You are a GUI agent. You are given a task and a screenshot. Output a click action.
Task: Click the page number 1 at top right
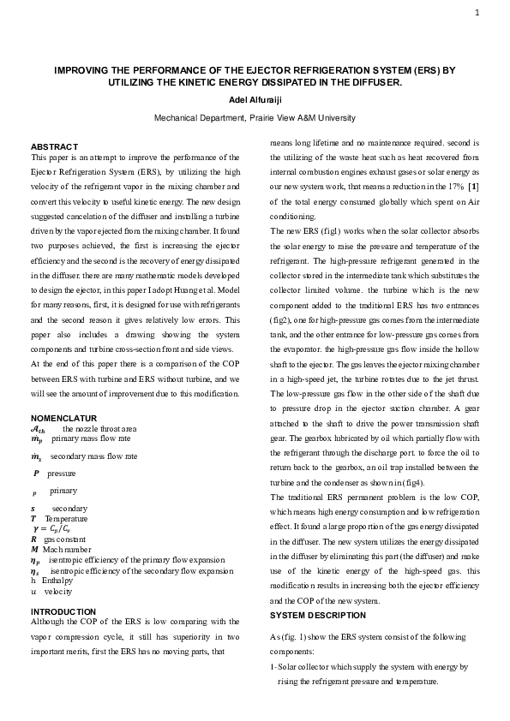[476, 13]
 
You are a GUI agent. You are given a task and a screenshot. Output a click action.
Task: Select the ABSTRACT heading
[54, 146]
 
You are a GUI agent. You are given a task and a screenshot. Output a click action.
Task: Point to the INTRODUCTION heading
[63, 611]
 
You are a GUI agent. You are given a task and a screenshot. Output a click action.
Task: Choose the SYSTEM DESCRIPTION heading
[318, 615]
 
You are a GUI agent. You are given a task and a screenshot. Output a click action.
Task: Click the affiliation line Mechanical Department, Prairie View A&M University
[254, 117]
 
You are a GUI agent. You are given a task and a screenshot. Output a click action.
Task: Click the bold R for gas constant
[33, 539]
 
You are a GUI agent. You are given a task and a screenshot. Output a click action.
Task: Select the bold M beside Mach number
[33, 550]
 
